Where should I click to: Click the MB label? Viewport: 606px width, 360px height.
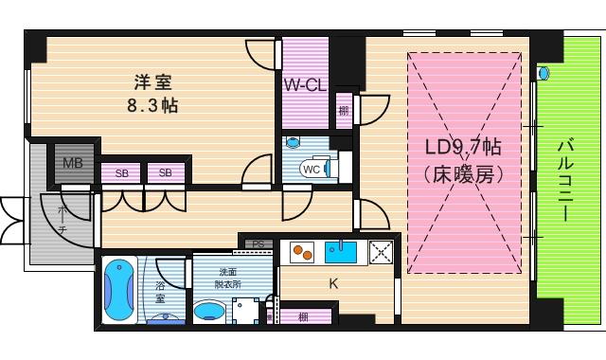click(x=72, y=163)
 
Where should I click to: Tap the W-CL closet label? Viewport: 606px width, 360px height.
click(x=305, y=84)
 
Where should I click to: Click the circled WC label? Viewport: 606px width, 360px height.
click(x=310, y=170)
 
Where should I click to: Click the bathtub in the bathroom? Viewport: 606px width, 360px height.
click(x=118, y=289)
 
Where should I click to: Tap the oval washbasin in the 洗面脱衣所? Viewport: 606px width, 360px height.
click(x=209, y=312)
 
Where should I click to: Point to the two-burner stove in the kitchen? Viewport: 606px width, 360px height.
click(x=302, y=252)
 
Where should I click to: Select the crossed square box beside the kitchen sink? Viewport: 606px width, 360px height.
click(x=381, y=252)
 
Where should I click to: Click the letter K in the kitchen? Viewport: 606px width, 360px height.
click(x=333, y=282)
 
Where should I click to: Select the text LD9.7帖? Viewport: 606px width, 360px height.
click(x=463, y=148)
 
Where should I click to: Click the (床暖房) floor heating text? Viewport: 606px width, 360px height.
click(x=463, y=176)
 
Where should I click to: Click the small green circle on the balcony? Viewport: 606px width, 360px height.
click(x=544, y=72)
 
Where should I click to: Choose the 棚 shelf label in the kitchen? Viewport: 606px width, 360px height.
click(x=302, y=316)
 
